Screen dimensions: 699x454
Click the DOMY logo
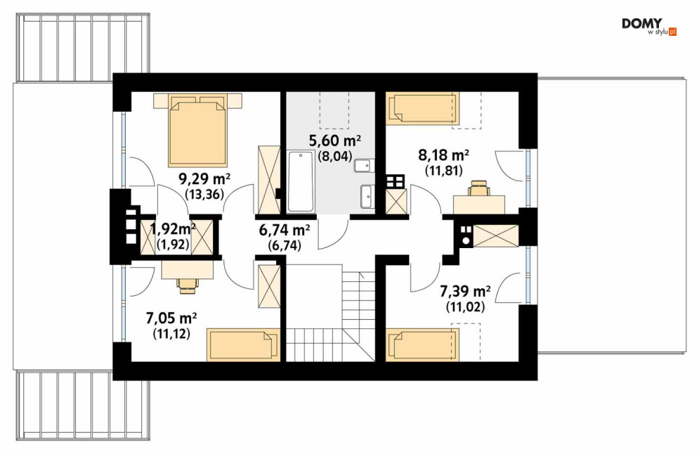649,27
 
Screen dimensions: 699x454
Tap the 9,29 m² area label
204,180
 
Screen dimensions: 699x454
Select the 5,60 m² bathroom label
335,141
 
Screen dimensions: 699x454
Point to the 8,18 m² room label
443,155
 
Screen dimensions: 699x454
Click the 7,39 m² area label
465,292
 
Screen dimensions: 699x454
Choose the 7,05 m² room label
171,318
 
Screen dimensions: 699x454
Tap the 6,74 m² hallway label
285,231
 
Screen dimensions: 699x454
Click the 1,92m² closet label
173,229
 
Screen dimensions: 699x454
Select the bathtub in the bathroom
301,182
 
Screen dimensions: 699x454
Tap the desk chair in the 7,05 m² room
188,285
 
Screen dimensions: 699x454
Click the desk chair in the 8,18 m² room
478,188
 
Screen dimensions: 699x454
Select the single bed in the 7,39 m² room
422,345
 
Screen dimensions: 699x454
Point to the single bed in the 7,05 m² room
243,345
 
